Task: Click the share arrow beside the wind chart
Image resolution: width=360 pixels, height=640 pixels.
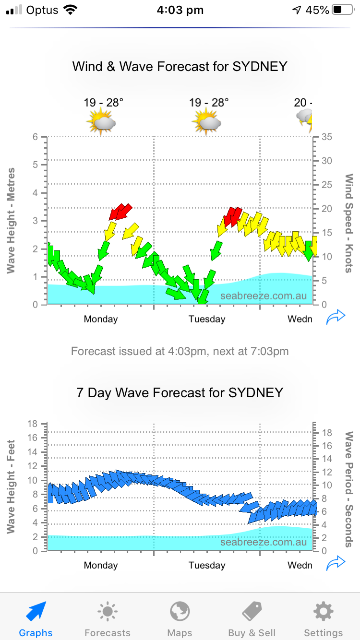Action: tap(336, 317)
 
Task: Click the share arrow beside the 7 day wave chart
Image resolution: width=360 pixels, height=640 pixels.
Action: tap(336, 563)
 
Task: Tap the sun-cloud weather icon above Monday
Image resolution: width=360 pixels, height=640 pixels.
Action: tap(101, 121)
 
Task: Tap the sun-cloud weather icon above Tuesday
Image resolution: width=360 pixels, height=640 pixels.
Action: tap(206, 121)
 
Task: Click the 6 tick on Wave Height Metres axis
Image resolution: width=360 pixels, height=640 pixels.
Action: tap(35, 137)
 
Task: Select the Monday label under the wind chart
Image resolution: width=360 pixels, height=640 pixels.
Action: tap(101, 319)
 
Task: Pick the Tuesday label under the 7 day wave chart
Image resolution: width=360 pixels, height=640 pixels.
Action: tap(207, 565)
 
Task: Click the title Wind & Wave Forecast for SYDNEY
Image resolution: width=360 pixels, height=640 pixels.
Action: tap(180, 66)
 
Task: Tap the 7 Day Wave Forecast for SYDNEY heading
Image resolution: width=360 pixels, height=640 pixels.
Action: tap(180, 393)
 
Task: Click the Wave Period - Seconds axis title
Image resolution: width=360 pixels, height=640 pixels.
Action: tap(349, 489)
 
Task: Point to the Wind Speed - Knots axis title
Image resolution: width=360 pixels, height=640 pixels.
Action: tap(349, 224)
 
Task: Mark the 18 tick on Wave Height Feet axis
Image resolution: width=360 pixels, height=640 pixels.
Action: tap(33, 424)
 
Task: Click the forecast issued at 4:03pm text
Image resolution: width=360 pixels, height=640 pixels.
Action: tap(180, 351)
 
